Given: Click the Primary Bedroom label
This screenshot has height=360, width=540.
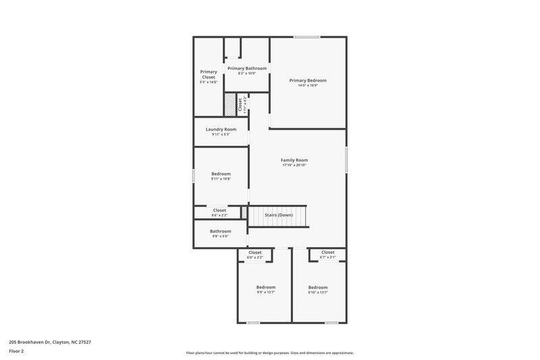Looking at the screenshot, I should pos(308,80).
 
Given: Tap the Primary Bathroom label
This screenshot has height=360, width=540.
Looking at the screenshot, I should pos(247,68).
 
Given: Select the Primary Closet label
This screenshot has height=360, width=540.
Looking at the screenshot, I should pos(209,74).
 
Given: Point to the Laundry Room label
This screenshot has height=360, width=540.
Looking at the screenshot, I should pos(221,129).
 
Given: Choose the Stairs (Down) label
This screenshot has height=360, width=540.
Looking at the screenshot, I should pos(278,215).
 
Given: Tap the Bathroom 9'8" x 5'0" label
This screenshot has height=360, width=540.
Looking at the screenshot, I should pos(220,231).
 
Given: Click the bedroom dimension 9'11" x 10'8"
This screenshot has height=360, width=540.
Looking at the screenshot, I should pos(221,179).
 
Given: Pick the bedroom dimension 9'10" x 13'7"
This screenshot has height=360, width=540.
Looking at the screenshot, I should pos(318,292).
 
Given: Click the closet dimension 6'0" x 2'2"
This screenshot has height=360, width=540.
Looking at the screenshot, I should pos(254,257).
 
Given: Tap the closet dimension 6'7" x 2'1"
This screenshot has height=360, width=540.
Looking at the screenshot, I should pos(327,257).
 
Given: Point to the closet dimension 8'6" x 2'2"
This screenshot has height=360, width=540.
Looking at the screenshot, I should pos(219,215).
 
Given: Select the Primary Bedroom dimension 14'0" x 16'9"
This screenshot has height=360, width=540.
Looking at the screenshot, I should pos(308,86).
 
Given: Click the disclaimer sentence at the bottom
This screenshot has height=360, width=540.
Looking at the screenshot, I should pos(269,353).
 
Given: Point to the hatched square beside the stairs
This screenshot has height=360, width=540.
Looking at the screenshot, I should pos(244,212).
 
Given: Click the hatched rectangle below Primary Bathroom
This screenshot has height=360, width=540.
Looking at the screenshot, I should pos(230,105).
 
